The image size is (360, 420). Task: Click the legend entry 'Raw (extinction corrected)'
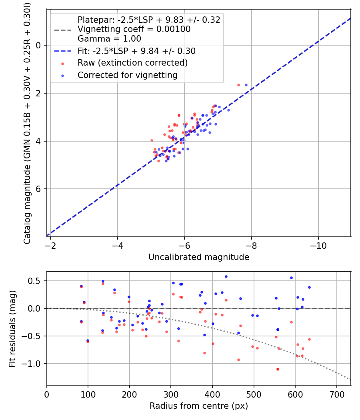click(x=132, y=63)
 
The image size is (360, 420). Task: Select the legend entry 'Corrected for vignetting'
click(x=128, y=75)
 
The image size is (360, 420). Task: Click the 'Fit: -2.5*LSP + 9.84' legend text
click(x=136, y=51)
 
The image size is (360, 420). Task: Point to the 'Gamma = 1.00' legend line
click(x=109, y=39)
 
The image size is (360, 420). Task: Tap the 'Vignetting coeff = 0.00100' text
click(x=134, y=29)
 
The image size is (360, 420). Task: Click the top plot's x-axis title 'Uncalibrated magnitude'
click(x=199, y=257)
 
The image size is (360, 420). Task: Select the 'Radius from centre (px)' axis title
click(x=199, y=406)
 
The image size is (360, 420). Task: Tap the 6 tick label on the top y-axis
click(x=39, y=189)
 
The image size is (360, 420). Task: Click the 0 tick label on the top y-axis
click(x=39, y=45)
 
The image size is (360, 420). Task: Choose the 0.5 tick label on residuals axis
click(x=37, y=281)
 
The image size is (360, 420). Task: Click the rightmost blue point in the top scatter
click(x=246, y=85)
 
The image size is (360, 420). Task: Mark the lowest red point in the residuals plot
click(x=277, y=369)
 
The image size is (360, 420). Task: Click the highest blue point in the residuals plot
click(x=226, y=276)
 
